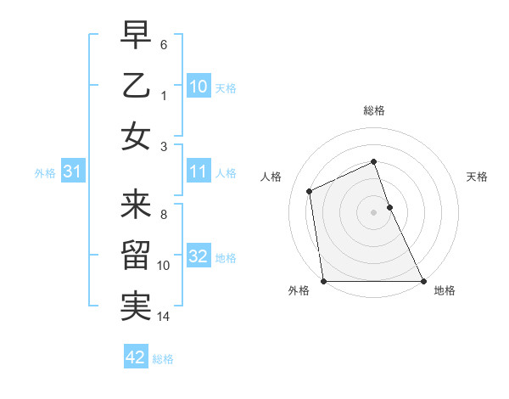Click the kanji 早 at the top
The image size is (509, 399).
(136, 36)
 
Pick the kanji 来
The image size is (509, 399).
(136, 205)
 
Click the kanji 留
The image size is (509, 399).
(136, 256)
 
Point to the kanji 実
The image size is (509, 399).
(136, 306)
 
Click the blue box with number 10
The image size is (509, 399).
(199, 86)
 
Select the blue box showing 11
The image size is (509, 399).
(199, 171)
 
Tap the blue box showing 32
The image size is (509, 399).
(199, 256)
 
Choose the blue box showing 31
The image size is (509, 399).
(73, 171)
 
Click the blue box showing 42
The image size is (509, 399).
(136, 357)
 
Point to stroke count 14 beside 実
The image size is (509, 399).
(164, 318)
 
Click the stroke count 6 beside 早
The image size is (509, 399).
(164, 44)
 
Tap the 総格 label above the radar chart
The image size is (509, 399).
(373, 110)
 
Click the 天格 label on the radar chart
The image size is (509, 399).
(477, 177)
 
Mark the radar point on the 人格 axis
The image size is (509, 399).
(310, 191)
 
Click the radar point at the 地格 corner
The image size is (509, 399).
(423, 281)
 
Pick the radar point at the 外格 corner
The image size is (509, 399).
(323, 281)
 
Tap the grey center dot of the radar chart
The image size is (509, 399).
(373, 212)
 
